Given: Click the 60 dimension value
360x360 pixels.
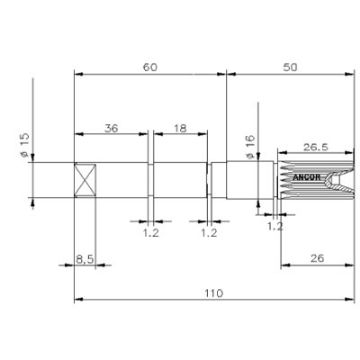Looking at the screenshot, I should click(x=150, y=67).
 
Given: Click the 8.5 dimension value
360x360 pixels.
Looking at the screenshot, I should click(x=86, y=259).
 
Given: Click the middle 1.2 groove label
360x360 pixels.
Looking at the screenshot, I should click(x=209, y=232).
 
